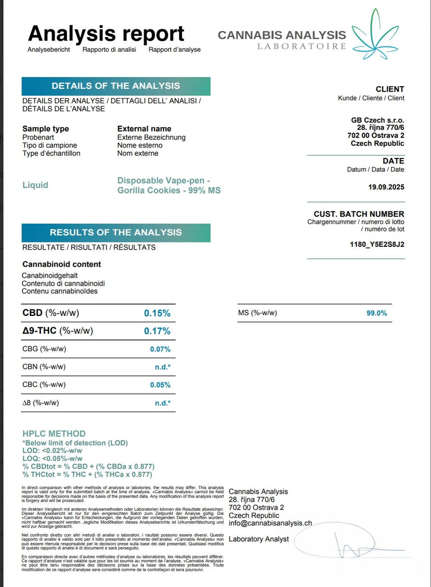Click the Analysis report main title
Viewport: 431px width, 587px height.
pyautogui.click(x=106, y=33)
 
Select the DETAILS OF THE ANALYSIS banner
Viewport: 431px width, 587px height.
pyautogui.click(x=116, y=86)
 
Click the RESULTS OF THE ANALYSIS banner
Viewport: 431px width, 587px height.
pyautogui.click(x=116, y=232)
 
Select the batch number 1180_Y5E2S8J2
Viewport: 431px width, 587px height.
pyautogui.click(x=377, y=244)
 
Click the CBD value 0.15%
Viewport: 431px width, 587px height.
pyautogui.click(x=157, y=313)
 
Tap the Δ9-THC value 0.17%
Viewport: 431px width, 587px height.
pyautogui.click(x=157, y=331)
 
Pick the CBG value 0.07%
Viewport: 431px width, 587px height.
pyautogui.click(x=160, y=349)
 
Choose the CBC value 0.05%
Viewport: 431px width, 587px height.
pyautogui.click(x=160, y=385)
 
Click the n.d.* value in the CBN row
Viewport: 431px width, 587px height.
pyautogui.click(x=163, y=367)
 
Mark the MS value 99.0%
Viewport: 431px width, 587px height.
pyautogui.click(x=377, y=313)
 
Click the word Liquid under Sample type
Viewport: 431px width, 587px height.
pyautogui.click(x=35, y=185)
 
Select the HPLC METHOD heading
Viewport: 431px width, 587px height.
pyautogui.click(x=54, y=433)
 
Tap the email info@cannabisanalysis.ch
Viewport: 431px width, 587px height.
pyautogui.click(x=270, y=523)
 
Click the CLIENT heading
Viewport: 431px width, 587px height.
pyautogui.click(x=390, y=89)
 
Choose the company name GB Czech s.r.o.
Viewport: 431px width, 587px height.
pyautogui.click(x=377, y=120)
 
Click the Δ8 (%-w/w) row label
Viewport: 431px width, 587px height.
pyautogui.click(x=40, y=403)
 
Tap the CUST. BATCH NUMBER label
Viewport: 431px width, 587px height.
pyautogui.click(x=359, y=214)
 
